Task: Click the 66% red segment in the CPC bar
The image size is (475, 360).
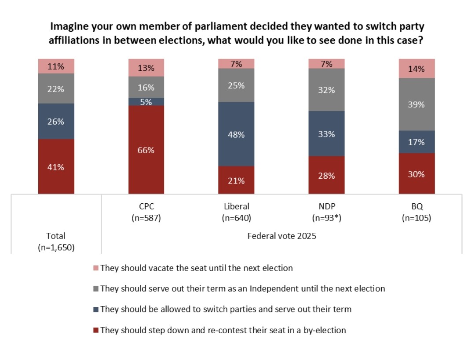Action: click(146, 150)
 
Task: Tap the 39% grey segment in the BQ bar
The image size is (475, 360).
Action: click(417, 104)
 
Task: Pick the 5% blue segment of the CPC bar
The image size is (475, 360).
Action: click(146, 102)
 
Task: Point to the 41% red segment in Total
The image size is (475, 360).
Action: click(56, 166)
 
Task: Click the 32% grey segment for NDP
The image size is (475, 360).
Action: click(326, 90)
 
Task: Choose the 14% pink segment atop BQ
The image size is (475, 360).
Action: click(417, 69)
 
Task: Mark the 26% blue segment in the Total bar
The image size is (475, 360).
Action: click(56, 121)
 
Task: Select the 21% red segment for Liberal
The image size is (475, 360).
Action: click(236, 180)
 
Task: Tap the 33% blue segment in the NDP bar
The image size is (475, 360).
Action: click(326, 133)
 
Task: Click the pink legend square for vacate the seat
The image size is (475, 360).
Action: click(96, 268)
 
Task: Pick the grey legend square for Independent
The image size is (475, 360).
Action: click(96, 289)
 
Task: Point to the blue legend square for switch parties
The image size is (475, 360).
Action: click(96, 309)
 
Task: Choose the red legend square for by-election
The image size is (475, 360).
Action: click(96, 330)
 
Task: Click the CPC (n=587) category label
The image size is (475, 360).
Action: click(146, 212)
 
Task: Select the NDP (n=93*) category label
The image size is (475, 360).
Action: click(326, 212)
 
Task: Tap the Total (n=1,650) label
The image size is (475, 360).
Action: click(56, 242)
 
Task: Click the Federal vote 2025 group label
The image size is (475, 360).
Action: click(281, 236)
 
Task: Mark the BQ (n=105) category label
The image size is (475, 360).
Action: click(417, 212)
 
